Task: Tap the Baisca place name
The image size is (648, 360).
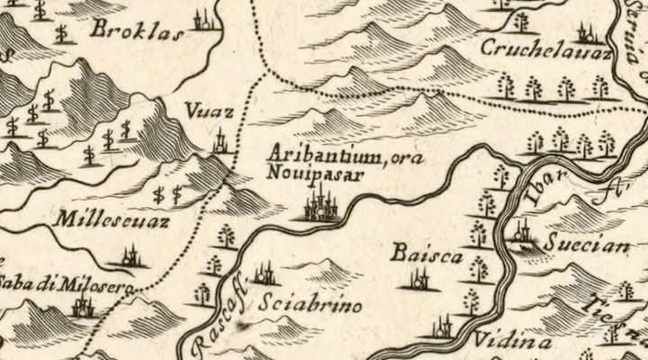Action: [x=426, y=256]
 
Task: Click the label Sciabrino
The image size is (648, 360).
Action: [x=310, y=306]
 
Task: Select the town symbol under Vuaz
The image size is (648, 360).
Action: [x=221, y=142]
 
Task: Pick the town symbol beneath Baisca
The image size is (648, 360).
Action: [x=419, y=281]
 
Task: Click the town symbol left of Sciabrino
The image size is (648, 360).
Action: [x=264, y=274]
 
